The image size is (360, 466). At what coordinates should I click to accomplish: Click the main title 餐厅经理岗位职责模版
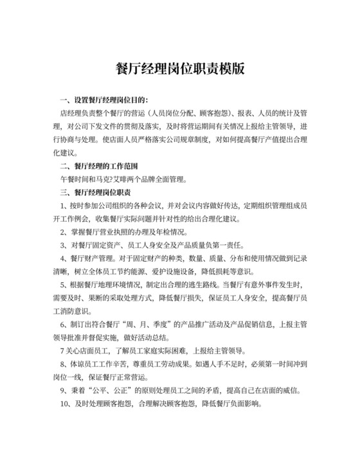tap(180, 68)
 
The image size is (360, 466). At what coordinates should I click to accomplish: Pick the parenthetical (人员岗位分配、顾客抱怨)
tap(187, 112)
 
